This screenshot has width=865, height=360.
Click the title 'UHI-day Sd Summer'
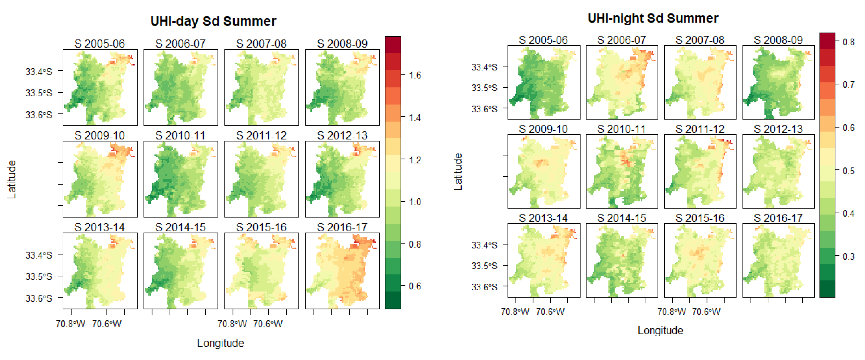point(213,21)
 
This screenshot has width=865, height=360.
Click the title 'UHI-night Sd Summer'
point(653,18)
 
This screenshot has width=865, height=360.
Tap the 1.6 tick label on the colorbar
point(415,75)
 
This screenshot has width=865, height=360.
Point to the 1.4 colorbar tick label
point(415,118)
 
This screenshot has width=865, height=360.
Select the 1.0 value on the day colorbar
point(415,202)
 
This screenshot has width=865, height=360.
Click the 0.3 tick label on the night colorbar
point(849,257)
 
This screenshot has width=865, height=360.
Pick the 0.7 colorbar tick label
point(849,85)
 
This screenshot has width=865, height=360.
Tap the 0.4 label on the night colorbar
point(849,213)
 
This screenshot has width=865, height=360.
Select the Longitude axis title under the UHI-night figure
point(660,330)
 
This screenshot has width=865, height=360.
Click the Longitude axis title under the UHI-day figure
point(220,343)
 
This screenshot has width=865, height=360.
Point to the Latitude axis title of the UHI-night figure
point(458,172)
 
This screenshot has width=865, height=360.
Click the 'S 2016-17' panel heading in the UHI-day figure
point(342,227)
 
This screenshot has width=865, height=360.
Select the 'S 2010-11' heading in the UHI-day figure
point(180,136)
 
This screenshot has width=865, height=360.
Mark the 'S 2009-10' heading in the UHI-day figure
point(99,136)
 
